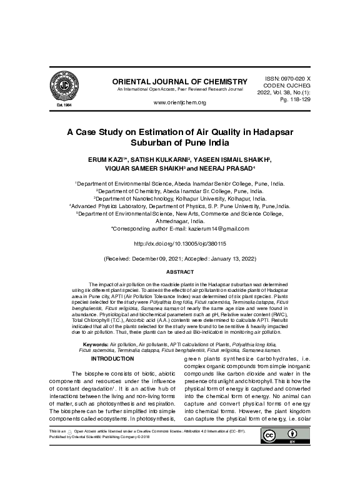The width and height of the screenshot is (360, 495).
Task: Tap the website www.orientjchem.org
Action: point(179,102)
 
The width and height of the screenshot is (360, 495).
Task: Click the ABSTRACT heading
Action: point(179,272)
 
